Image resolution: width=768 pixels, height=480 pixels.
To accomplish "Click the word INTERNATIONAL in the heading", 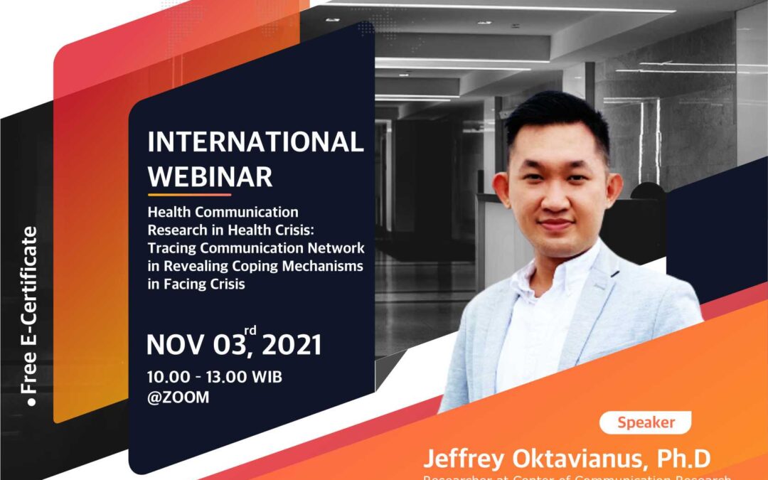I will pos(255,142).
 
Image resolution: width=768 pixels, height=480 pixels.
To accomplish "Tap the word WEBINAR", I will pos(210,177).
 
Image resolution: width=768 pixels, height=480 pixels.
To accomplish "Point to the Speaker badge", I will pos(646,422).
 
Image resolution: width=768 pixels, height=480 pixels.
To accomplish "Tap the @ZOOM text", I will pos(178,398).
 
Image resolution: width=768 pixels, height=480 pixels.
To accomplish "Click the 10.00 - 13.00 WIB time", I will pos(214,377).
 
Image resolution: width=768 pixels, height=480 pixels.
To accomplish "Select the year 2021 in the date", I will pos(291,345).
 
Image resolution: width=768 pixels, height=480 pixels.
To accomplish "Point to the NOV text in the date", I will pos(176,345).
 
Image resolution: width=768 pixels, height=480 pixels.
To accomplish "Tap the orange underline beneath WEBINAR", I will pos(189,194).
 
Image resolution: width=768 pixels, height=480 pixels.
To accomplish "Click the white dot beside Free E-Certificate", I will pos(31,404).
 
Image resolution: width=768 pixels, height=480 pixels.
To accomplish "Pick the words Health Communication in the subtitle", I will pos(223,212).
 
